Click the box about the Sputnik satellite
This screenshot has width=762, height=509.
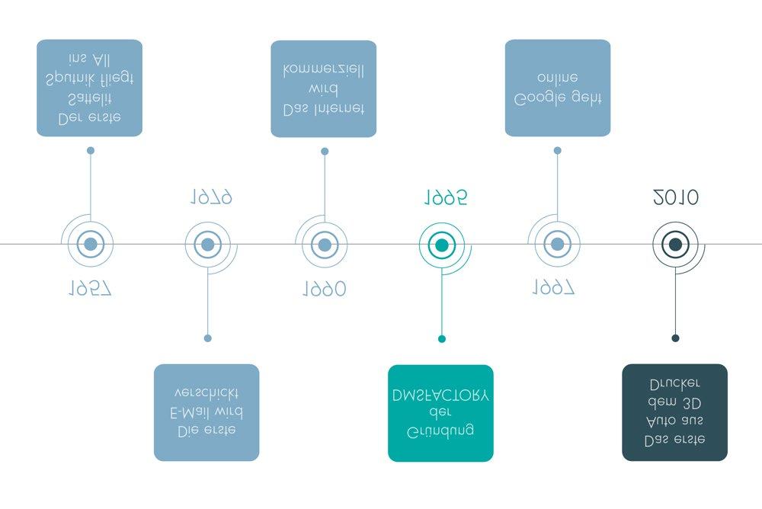click(89, 88)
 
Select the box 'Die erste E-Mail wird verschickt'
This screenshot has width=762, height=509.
click(207, 412)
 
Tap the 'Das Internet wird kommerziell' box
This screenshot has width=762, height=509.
click(323, 88)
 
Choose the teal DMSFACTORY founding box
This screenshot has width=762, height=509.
click(440, 413)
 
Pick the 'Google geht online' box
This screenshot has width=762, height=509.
click(557, 88)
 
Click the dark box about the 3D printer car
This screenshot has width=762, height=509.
click(674, 412)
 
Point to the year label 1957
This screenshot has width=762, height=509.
click(90, 288)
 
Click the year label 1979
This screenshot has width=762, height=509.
click(211, 198)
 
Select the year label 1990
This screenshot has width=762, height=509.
click(324, 289)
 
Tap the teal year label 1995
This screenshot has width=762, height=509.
click(445, 198)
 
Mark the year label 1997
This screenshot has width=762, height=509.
click(553, 288)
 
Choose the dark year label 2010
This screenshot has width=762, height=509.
click(676, 198)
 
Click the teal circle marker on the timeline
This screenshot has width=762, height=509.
click(441, 245)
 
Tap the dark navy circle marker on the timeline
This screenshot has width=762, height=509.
click(675, 245)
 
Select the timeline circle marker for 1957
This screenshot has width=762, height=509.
click(90, 245)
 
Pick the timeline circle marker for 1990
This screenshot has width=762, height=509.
click(324, 245)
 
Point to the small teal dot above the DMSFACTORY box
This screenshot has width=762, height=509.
click(441, 338)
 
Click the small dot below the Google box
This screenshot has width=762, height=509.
click(557, 151)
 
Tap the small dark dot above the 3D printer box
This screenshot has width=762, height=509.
click(675, 338)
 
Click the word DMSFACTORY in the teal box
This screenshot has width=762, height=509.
click(440, 396)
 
